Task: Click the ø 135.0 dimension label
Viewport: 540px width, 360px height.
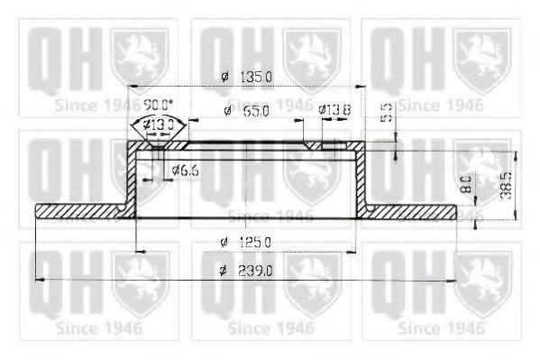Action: point(247,78)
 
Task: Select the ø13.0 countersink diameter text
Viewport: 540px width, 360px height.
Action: point(159,124)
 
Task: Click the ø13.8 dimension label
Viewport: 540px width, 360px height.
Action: point(333,110)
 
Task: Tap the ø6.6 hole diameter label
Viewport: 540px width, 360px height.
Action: point(185,169)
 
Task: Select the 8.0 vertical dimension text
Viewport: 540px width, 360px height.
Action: point(465,187)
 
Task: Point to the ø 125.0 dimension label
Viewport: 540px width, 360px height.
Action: point(246,242)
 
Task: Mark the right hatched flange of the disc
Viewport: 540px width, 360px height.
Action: point(410,211)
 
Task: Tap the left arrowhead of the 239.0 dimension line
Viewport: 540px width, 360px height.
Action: point(39,281)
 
